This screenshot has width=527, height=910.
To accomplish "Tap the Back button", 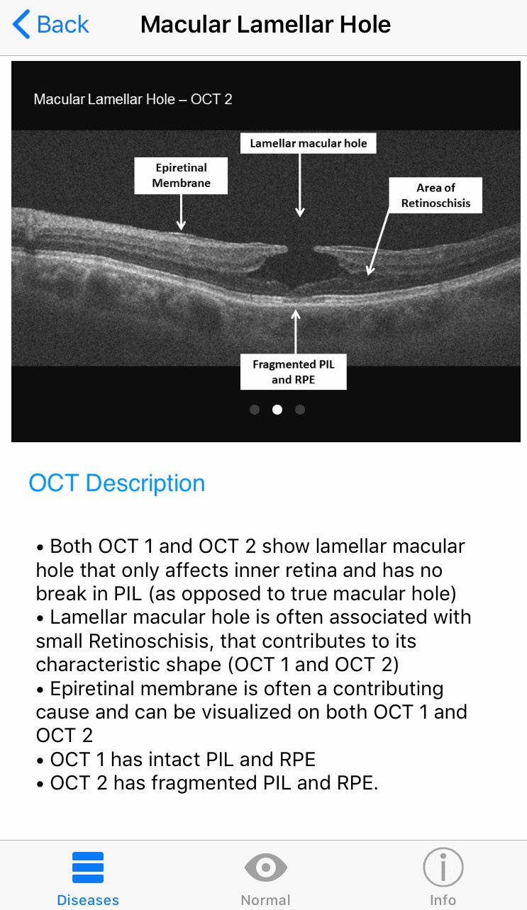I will [x=51, y=25].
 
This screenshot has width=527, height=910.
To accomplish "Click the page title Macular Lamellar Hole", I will [x=265, y=25].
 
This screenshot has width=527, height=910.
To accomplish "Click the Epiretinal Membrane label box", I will [x=182, y=176].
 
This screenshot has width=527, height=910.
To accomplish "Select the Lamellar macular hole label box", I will [x=308, y=143].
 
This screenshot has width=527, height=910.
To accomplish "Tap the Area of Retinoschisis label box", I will [x=436, y=195].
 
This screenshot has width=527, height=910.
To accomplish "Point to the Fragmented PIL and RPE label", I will [x=293, y=372].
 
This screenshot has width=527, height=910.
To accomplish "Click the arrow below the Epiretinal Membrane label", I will [x=182, y=212].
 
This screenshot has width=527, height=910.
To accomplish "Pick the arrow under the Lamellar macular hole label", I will [x=300, y=184].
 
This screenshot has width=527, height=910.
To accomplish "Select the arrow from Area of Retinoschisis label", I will [x=379, y=241].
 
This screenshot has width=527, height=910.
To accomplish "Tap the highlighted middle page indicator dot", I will [x=277, y=409].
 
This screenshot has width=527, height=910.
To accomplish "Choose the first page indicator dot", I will [x=255, y=409].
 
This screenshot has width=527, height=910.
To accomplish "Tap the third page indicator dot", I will [x=300, y=409].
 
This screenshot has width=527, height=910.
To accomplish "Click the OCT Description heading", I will [x=117, y=483].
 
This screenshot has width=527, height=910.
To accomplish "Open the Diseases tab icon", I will [x=88, y=868].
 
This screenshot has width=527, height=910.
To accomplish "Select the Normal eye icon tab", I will [x=265, y=868].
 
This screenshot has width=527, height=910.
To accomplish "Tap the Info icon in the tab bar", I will [x=443, y=868].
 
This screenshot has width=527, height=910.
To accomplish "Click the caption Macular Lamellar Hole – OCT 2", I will [x=133, y=99].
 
